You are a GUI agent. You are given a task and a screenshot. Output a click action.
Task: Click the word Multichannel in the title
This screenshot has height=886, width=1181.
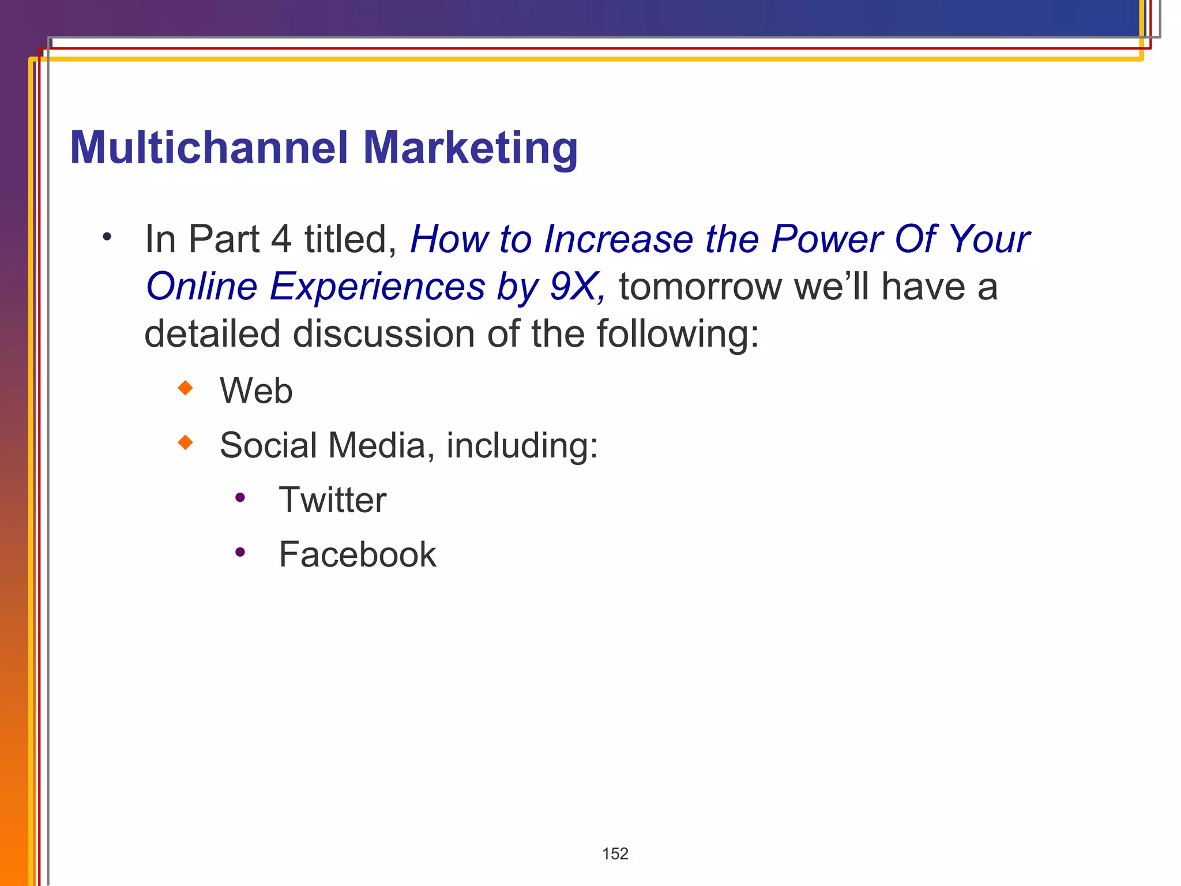click(209, 148)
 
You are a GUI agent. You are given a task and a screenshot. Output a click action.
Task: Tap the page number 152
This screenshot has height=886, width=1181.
click(615, 854)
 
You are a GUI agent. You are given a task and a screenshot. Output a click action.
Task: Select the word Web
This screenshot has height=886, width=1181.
click(256, 391)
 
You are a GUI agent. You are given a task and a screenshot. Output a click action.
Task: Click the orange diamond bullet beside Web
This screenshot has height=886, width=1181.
click(185, 388)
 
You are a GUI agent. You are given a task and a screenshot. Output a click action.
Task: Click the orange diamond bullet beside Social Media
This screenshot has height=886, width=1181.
click(185, 442)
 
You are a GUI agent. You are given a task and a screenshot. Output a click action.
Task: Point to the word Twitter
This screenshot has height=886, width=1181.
click(332, 500)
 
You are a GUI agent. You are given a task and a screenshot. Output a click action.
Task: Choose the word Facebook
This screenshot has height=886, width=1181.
click(358, 554)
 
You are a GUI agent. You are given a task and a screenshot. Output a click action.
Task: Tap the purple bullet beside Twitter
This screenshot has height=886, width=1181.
click(240, 497)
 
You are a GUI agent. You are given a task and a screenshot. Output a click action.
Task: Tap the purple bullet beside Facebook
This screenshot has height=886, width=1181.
click(240, 552)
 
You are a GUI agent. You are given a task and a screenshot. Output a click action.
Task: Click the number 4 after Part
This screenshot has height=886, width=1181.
click(281, 239)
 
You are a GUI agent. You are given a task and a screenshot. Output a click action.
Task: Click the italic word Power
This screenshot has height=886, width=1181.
click(826, 239)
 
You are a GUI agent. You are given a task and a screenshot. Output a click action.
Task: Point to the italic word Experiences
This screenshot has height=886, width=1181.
click(377, 287)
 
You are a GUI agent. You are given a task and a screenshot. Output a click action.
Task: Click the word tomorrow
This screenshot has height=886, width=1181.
click(699, 287)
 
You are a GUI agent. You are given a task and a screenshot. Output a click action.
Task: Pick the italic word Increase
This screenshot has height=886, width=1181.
click(618, 239)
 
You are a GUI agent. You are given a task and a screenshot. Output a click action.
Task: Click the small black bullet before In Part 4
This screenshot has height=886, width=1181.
click(107, 236)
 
